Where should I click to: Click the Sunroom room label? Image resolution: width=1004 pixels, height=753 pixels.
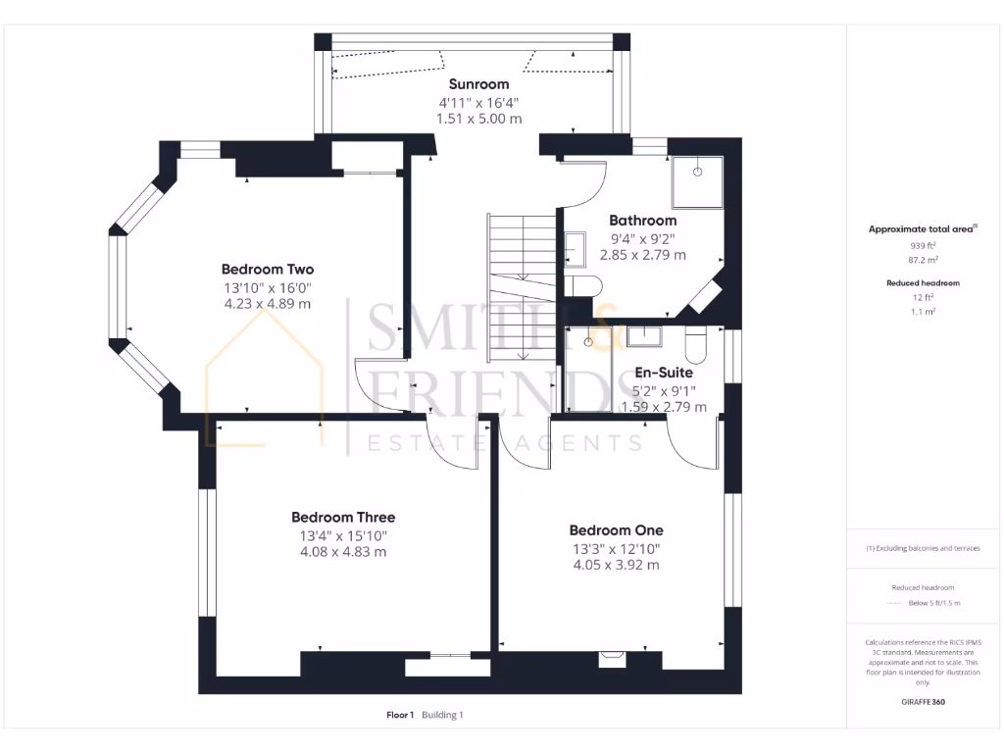click(x=478, y=84)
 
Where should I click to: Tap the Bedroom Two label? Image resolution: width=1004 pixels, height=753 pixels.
click(x=268, y=269)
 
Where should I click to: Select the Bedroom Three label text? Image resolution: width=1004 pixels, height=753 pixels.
click(x=343, y=517)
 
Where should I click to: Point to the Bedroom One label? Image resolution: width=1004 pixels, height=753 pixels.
click(x=616, y=530)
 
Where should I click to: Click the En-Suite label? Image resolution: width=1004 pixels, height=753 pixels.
click(x=664, y=373)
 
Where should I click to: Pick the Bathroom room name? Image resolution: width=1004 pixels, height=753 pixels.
click(x=642, y=221)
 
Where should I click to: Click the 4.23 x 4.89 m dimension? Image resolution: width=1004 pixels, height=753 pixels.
click(x=268, y=304)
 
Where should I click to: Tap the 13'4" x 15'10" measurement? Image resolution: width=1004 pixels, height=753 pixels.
click(x=343, y=535)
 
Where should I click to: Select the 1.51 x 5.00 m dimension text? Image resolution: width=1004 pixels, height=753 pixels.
click(x=478, y=119)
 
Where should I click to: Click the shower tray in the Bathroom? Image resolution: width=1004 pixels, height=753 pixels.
click(x=697, y=181)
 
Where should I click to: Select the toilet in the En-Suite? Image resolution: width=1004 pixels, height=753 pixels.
click(x=695, y=343)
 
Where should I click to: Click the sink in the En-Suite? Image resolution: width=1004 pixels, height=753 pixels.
click(x=643, y=337)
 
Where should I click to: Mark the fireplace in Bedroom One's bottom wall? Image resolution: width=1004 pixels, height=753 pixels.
click(x=614, y=660)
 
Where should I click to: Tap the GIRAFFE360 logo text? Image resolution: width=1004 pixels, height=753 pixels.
click(x=923, y=702)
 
